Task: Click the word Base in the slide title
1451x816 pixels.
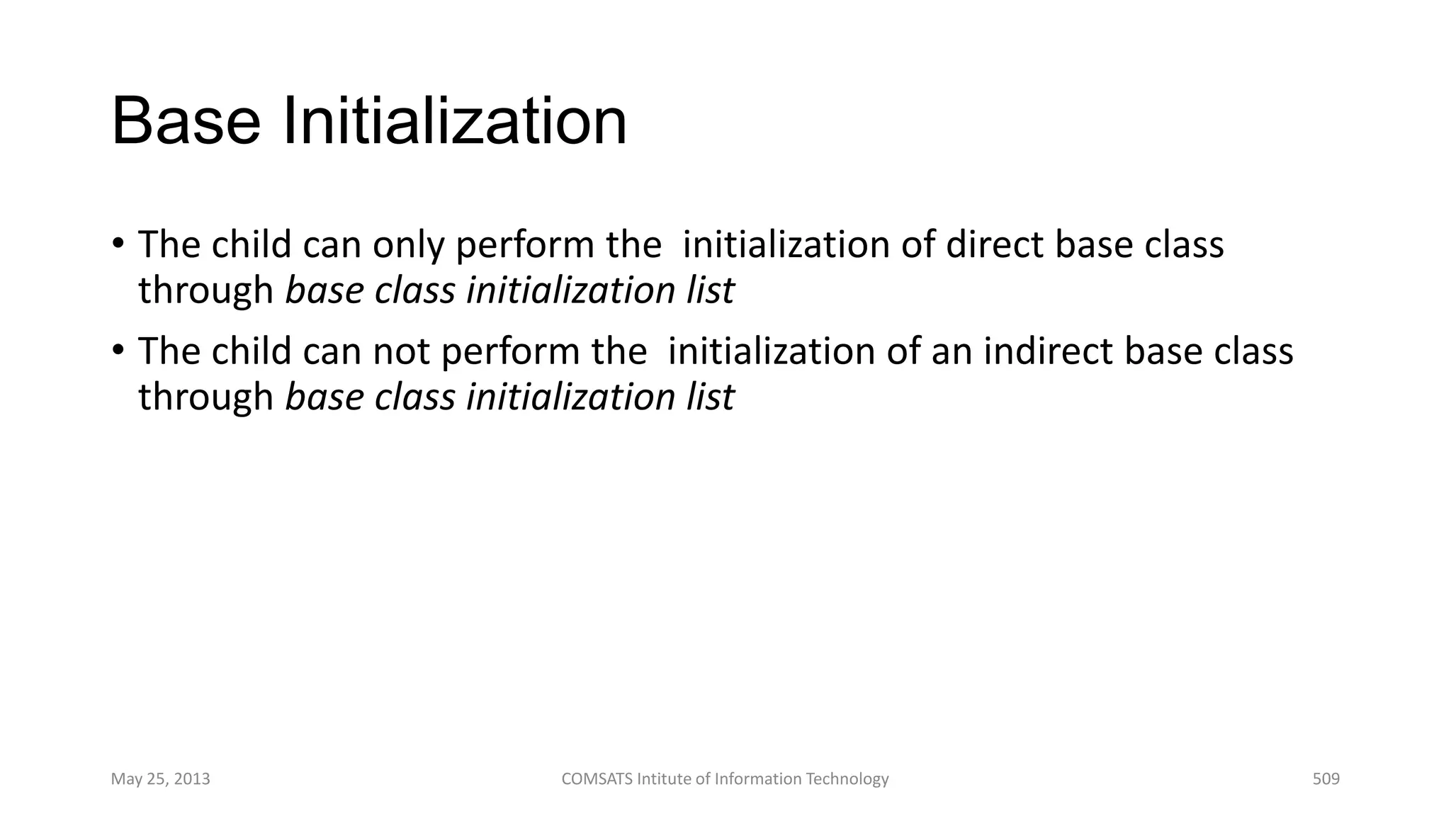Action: (186, 122)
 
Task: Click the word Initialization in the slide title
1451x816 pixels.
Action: (455, 122)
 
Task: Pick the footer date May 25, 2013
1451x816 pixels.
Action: (161, 779)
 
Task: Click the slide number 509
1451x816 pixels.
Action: (1326, 779)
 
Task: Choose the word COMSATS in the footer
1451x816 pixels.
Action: (597, 779)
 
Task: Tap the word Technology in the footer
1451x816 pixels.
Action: (848, 779)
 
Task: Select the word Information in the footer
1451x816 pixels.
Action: (757, 779)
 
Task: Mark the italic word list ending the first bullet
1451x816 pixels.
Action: (710, 291)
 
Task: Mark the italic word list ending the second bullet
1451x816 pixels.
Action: (710, 397)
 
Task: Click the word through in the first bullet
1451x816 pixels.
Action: (205, 292)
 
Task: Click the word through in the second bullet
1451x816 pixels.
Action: (205, 398)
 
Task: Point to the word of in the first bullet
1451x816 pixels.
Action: (917, 245)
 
